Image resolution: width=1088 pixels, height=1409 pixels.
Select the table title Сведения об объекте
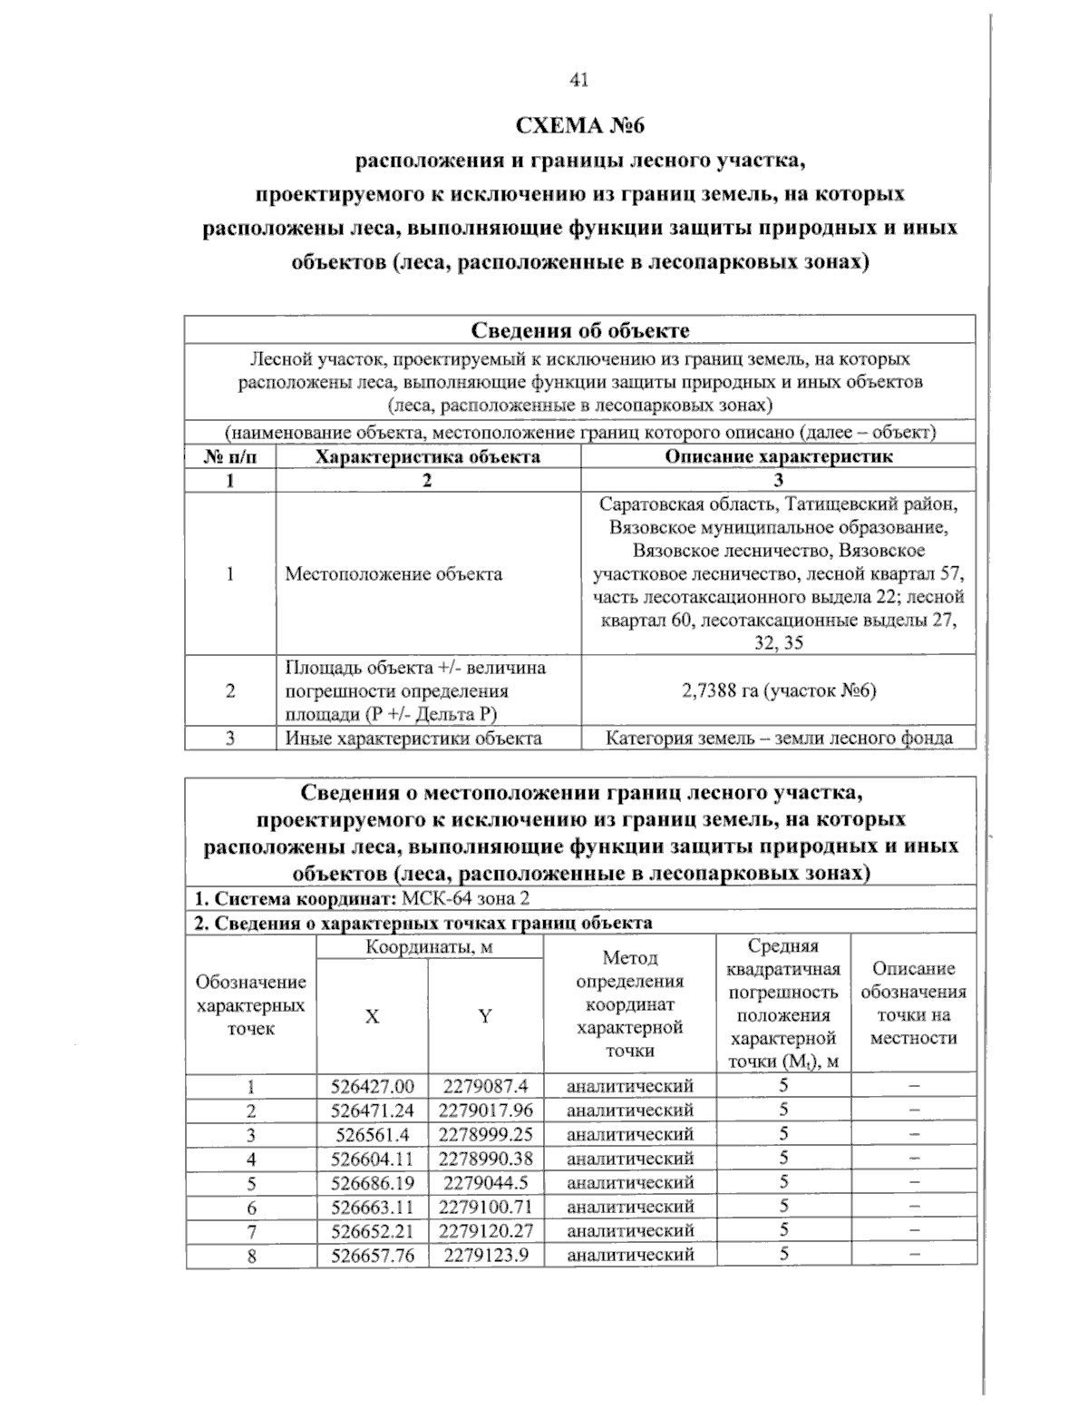(x=580, y=329)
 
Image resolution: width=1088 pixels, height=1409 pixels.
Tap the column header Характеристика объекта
(x=427, y=456)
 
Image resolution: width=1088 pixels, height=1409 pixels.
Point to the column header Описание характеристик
(x=778, y=456)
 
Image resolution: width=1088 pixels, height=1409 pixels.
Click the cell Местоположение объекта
(x=393, y=573)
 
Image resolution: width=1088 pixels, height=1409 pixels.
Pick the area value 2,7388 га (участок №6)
(x=778, y=690)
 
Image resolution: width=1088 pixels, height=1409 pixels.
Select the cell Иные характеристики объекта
(x=413, y=738)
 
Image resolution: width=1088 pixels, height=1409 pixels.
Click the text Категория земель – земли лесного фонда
(x=778, y=738)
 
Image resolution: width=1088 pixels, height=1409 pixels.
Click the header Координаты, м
(x=429, y=947)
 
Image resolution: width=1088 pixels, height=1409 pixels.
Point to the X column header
(x=372, y=1017)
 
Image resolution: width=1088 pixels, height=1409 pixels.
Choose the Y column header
(x=485, y=1017)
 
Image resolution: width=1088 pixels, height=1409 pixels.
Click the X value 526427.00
(x=373, y=1086)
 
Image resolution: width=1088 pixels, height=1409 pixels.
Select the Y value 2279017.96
(x=485, y=1110)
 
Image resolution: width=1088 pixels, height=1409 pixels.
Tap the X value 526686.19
(x=373, y=1182)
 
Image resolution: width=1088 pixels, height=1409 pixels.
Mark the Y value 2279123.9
(x=485, y=1255)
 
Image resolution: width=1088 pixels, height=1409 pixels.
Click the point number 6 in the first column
(x=251, y=1208)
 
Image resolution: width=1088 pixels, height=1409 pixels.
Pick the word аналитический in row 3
(x=629, y=1134)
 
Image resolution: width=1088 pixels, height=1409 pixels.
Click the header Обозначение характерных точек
(x=251, y=1005)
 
